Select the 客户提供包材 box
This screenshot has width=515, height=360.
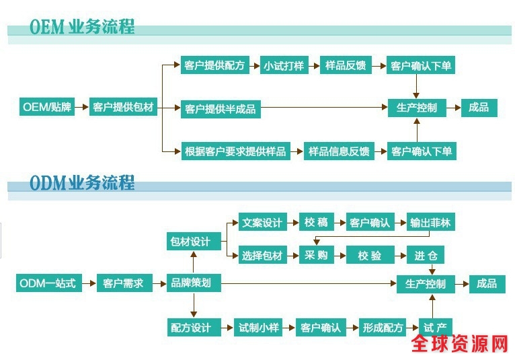coord(123,107)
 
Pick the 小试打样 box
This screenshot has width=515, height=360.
coord(283,66)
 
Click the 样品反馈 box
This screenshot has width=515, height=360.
coord(346,66)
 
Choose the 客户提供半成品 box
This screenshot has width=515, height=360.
coord(221,108)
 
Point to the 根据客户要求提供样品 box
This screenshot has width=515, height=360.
coord(235,151)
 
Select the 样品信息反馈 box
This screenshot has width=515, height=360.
coord(339,151)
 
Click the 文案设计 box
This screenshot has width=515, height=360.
coord(262,223)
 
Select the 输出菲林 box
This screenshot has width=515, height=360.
coord(430,223)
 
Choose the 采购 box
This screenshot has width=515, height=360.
coord(316,256)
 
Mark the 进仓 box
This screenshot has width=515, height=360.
coord(426,256)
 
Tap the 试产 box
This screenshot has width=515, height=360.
coord(435,328)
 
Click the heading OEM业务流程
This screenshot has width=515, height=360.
coord(82,27)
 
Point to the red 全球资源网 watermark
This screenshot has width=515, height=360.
coord(461,345)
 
